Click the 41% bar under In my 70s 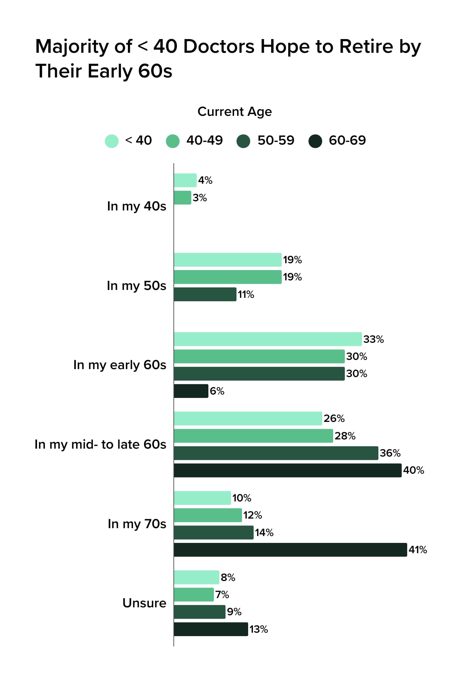point(290,550)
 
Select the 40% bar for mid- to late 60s point(287,470)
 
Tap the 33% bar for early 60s point(267,339)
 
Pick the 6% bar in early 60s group point(191,391)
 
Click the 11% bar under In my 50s point(205,294)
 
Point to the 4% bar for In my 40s point(185,180)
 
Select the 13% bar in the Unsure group point(210,629)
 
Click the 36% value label point(390,453)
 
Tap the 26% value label point(334,418)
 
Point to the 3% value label point(199,198)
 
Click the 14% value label point(264,533)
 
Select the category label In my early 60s point(120,365)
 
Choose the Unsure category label point(144,603)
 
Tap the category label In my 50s point(136,286)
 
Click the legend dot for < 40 point(112,141)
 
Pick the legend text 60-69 point(347,141)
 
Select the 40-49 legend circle point(173,141)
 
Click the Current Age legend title point(234,112)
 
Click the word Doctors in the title point(219,47)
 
